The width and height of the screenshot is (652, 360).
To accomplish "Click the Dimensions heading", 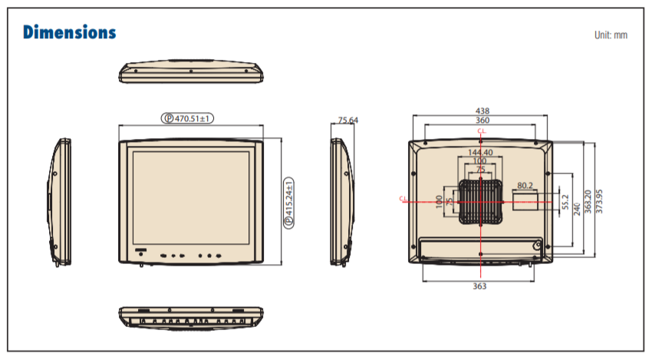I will [70, 32].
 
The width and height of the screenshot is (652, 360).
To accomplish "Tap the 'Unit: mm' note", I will [610, 35].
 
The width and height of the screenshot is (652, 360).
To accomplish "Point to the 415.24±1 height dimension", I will [289, 202].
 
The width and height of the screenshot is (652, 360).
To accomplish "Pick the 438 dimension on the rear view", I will [482, 111].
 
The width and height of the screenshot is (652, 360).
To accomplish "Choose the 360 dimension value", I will [482, 121].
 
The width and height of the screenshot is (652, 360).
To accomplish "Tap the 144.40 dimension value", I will [480, 152].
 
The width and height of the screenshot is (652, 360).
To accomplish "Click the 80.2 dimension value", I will [525, 185].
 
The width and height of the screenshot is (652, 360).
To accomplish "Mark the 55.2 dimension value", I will [565, 202].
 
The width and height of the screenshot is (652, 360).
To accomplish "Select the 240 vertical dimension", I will [577, 210].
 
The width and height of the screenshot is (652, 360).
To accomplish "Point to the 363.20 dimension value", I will [588, 202].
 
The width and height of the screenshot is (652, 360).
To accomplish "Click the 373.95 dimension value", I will [599, 202].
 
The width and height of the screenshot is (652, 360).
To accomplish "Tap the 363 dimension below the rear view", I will [479, 286].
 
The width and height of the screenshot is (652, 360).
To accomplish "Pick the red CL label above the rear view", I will [481, 132].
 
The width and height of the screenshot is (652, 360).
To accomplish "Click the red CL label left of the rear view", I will [402, 200].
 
